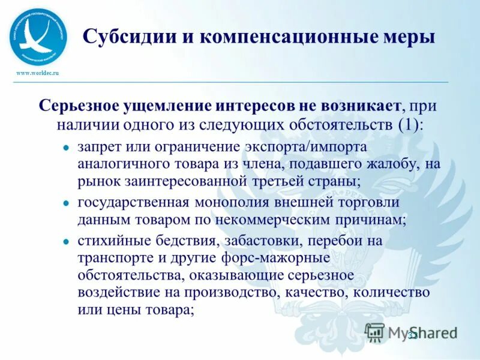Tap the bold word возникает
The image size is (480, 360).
pos(356,106)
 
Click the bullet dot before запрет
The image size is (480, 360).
pos(65,148)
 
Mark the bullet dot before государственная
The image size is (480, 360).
pos(65,204)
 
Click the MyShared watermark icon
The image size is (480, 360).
pos(376,332)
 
